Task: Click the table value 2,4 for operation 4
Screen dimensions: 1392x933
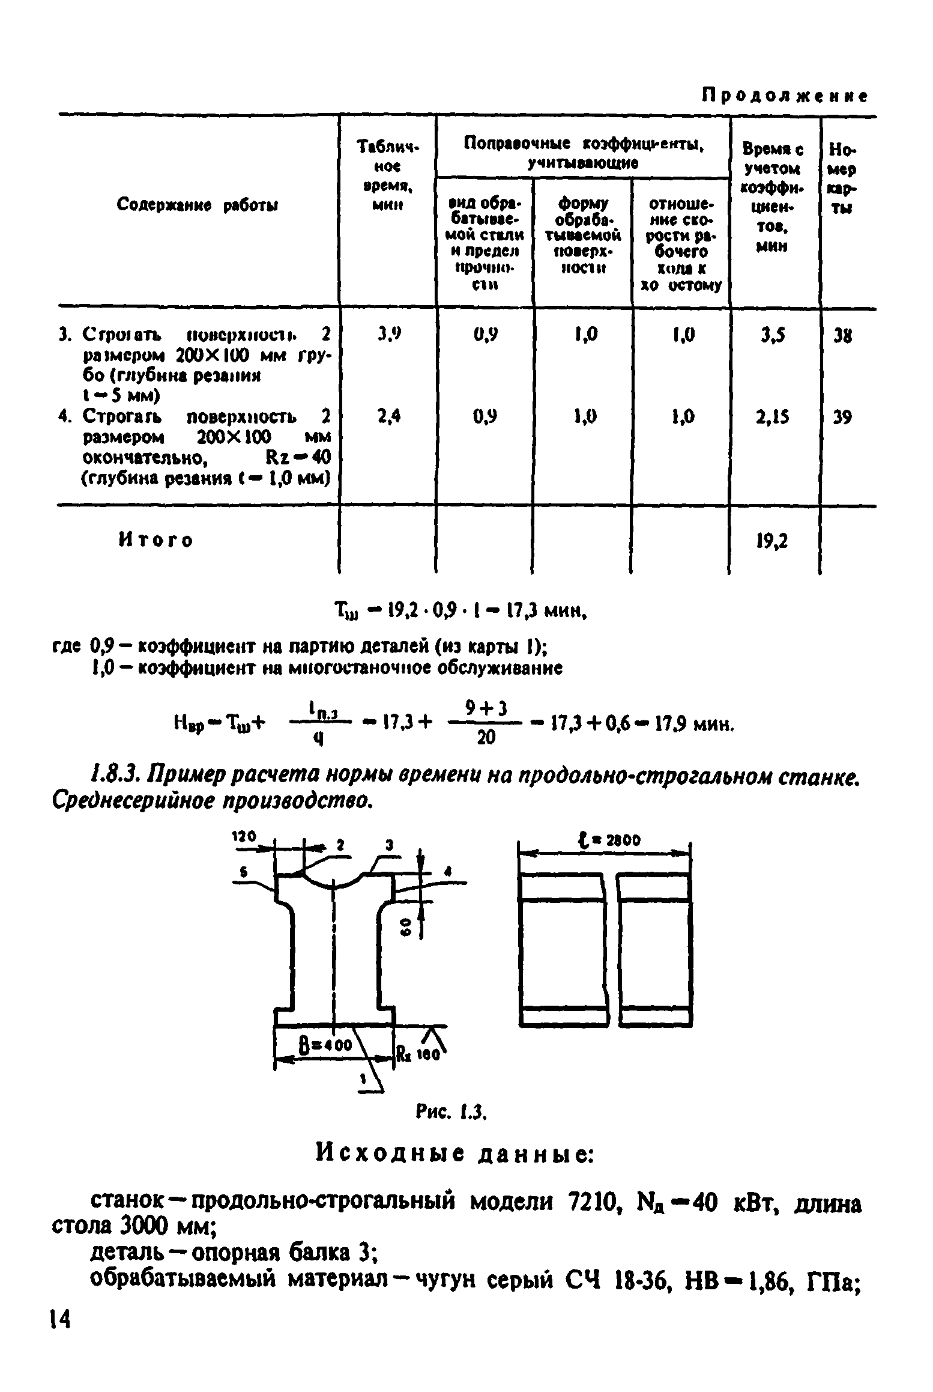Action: [x=388, y=416]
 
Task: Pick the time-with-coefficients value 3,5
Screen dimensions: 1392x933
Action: [x=773, y=335]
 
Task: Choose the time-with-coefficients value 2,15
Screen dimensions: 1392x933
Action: [x=773, y=416]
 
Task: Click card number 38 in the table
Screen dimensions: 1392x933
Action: [x=842, y=335]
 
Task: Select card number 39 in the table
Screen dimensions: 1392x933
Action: [x=842, y=416]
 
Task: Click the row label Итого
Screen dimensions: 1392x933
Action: [x=155, y=540]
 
